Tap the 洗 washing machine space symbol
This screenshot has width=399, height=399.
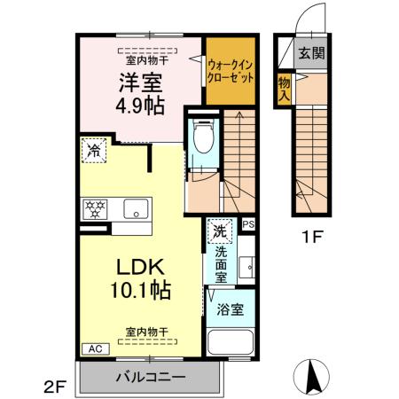click(219, 232)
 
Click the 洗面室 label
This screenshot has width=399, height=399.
click(220, 263)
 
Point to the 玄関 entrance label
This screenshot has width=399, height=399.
click(310, 52)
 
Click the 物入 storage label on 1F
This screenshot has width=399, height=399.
click(284, 89)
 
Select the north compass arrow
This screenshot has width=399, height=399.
click(312, 376)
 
